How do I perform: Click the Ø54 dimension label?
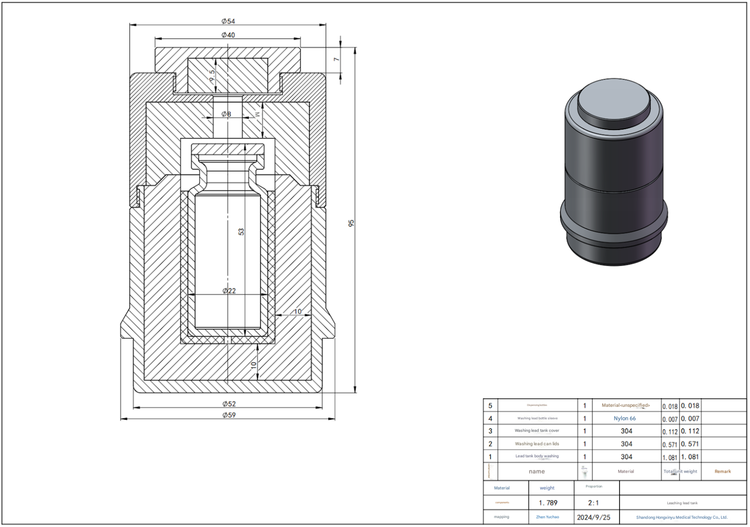[x=228, y=21]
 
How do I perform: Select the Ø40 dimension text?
[x=228, y=35]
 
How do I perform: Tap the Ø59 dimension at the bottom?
[x=229, y=415]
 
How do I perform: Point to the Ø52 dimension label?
[x=229, y=404]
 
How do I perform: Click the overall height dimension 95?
[x=352, y=223]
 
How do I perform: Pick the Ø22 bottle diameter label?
[x=229, y=291]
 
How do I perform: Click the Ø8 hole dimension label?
[x=226, y=114]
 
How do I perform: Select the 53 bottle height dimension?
[x=241, y=231]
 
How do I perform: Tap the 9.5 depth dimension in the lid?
[x=212, y=75]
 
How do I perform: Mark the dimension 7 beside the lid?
[x=336, y=59]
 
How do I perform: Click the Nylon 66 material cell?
[x=625, y=418]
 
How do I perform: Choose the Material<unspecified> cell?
[x=626, y=405]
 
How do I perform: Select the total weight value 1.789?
[x=548, y=503]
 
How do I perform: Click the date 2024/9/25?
[x=593, y=517]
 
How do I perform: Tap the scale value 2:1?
[x=593, y=503]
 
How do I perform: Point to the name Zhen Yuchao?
[x=547, y=517]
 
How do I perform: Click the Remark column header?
[x=722, y=471]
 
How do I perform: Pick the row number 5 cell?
[x=490, y=406]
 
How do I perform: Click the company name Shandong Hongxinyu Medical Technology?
[x=682, y=517]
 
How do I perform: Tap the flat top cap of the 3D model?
[x=613, y=100]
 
